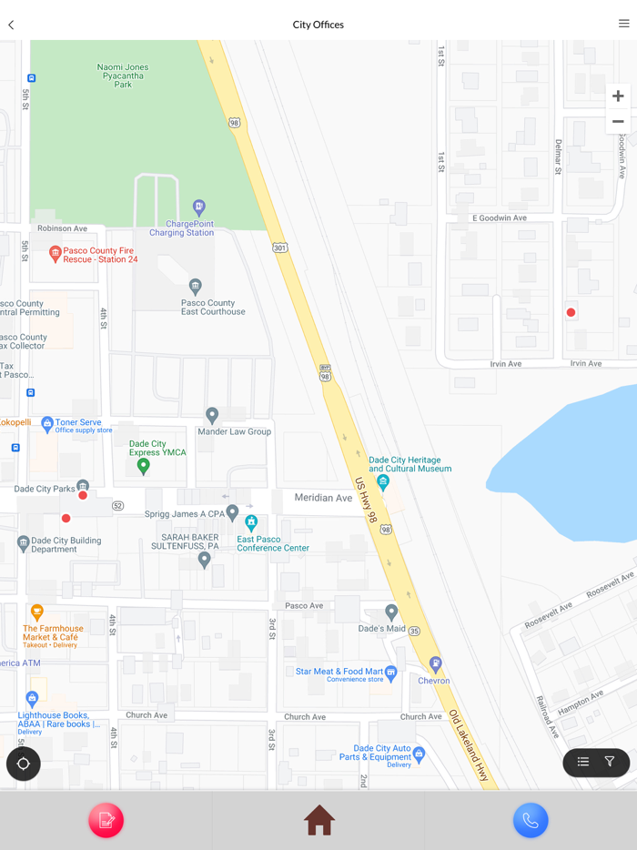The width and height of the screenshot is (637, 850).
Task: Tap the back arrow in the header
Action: coord(11,25)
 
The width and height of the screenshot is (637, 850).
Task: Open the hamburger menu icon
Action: coord(623,24)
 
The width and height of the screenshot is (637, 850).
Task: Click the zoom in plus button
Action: coord(618,96)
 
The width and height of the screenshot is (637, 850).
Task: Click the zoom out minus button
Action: coord(618,122)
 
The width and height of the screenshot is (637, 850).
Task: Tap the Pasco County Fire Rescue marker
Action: coord(55,254)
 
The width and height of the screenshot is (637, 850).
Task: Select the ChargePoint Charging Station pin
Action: coord(199,207)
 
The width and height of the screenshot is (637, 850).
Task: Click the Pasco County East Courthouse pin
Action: coord(195,287)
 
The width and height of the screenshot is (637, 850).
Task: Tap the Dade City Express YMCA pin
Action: coord(143,466)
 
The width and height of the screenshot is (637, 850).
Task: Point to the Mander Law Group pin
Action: coord(212,415)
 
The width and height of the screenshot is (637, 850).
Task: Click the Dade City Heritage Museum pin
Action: coord(383,481)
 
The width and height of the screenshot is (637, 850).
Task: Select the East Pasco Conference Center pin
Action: coord(251,522)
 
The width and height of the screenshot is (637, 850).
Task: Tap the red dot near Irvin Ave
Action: coord(571,312)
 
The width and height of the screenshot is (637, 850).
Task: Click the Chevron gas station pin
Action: coord(436,663)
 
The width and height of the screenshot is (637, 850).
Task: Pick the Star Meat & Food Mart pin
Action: coord(391,673)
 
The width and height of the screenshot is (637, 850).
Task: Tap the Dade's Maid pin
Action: coord(391,612)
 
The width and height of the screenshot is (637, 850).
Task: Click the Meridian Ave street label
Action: coord(323,498)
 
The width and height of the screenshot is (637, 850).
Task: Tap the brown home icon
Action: coord(318,820)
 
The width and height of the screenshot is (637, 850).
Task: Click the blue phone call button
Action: coord(531,820)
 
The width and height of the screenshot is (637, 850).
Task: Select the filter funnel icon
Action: coord(610,762)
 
